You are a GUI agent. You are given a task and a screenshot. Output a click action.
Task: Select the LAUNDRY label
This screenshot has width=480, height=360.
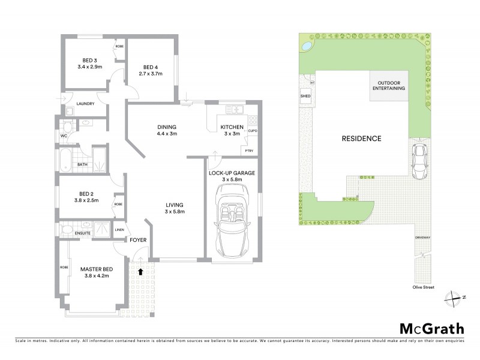pyautogui.click(x=86, y=104)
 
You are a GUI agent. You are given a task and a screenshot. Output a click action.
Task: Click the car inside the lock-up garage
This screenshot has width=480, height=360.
pyautogui.click(x=232, y=222)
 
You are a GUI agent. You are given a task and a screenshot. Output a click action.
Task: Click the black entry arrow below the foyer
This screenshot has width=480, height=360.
pyautogui.click(x=141, y=271)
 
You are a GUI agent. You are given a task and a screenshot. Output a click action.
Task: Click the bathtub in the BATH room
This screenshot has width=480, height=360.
pyautogui.click(x=66, y=160)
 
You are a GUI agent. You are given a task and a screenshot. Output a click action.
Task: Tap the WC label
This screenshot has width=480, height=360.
pyautogui.click(x=64, y=136)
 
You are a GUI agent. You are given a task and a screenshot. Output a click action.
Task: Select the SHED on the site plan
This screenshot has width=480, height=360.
pyautogui.click(x=304, y=95)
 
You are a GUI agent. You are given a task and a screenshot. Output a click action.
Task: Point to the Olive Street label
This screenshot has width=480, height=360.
pyautogui.click(x=423, y=287)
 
